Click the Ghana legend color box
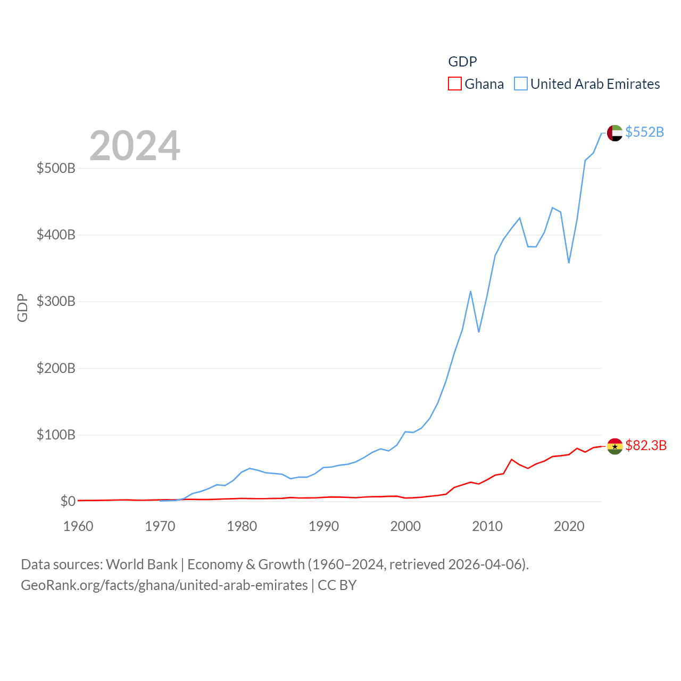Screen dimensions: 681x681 pos(454,84)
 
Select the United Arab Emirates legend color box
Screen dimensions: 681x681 pos(520,84)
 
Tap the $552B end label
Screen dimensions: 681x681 pos(644,132)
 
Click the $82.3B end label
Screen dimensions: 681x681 pos(646,445)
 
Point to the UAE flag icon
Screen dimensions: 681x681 pos(614,133)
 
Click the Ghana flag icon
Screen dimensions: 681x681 pos(614,446)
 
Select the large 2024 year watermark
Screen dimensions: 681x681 pos(135,146)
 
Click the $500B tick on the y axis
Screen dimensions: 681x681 pos(56,169)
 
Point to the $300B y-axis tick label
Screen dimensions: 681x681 pos(56,302)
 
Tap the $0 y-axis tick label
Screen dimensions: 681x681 pos(68,501)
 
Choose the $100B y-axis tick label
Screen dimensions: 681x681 pos(56,435)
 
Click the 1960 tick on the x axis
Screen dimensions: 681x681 pos(78,526)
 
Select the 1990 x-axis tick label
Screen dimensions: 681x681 pos(323,526)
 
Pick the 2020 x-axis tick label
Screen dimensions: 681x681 pos(569,526)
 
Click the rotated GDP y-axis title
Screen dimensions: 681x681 pos(22,308)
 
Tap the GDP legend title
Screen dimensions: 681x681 pos(462,62)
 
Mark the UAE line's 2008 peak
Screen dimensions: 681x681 pos(470,292)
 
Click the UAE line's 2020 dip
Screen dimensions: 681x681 pos(569,262)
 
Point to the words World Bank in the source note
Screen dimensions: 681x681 pos(142,564)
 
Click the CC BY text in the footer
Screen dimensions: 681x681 pos(337,585)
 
